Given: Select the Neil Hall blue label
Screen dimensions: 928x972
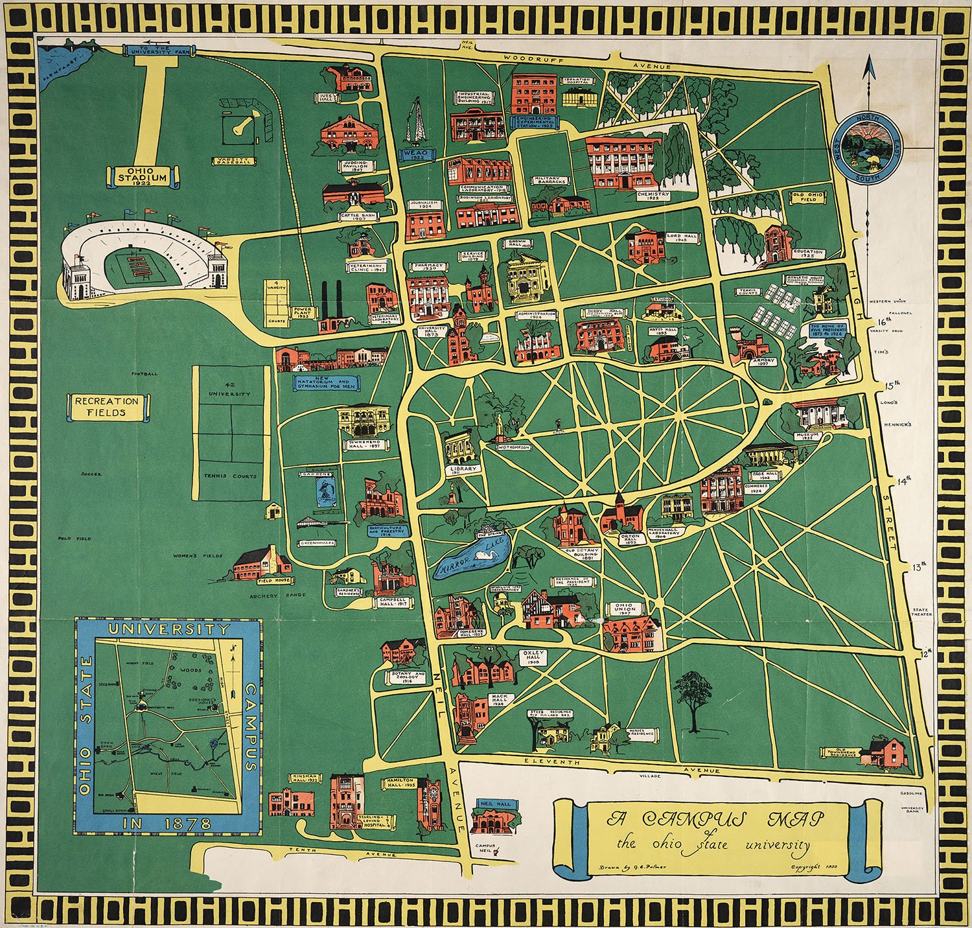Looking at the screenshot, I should coord(494,803).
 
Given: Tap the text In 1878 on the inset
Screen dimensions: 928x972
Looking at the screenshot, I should coord(168,824).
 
